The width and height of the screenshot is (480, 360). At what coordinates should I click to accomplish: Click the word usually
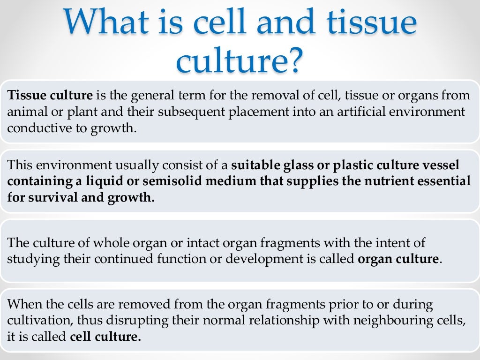[x=134, y=165]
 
